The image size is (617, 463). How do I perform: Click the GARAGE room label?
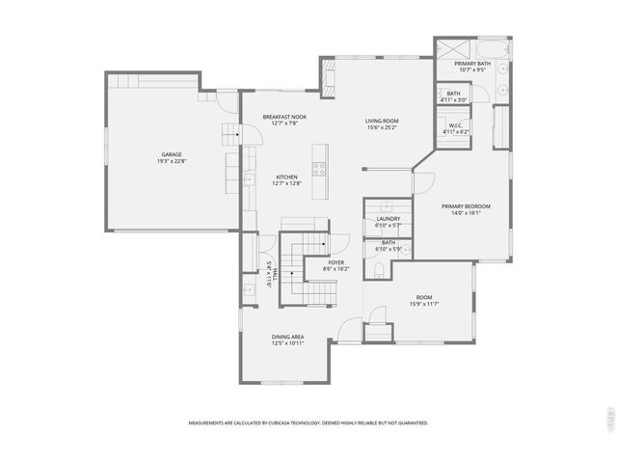172,154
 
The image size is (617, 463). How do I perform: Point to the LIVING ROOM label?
383,122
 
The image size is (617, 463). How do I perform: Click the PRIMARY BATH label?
473,64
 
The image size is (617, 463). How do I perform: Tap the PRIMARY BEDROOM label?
467,206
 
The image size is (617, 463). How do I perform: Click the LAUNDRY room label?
389,219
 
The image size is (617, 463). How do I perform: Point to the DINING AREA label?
287,337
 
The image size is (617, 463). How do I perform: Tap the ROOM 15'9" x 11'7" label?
424,297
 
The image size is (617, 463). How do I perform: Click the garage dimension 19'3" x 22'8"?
172,161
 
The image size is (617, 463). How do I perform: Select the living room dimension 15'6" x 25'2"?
383,127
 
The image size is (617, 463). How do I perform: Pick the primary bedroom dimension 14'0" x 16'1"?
467,213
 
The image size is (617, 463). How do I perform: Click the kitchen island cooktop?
320,166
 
